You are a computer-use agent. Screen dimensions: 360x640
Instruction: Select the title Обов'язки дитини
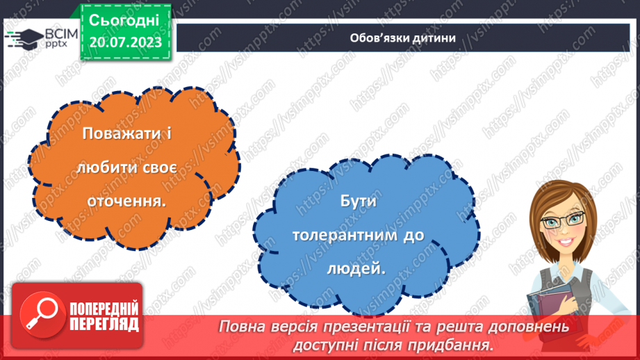click(403, 38)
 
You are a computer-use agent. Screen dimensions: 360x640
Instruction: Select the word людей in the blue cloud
click(362, 268)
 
